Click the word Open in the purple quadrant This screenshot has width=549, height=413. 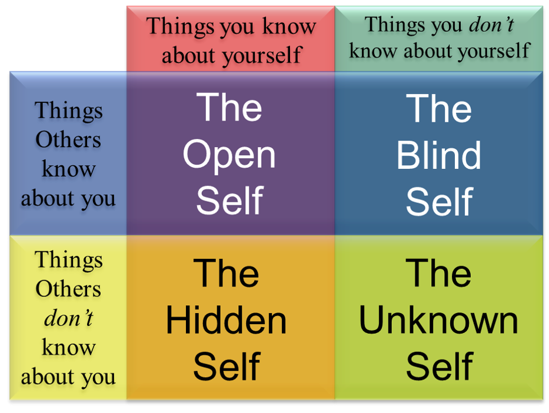[x=229, y=155]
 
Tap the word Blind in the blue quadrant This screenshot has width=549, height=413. [x=438, y=155]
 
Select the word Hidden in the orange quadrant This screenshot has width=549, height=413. [x=226, y=321]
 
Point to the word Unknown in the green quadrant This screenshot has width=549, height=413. [x=438, y=321]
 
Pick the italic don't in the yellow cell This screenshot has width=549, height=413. [x=68, y=318]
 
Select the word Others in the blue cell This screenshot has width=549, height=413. [x=68, y=140]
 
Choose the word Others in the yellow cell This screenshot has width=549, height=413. [x=68, y=289]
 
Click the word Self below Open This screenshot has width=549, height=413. [x=229, y=201]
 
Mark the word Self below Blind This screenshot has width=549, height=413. [x=438, y=201]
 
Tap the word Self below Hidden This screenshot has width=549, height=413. [x=226, y=367]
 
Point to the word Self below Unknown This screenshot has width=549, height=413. [x=438, y=367]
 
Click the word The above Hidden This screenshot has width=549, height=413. [x=226, y=274]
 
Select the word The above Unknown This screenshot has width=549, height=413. [x=438, y=274]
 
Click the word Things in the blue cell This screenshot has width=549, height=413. [x=68, y=111]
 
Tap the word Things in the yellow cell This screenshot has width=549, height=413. [x=68, y=259]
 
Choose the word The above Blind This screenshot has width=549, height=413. [x=438, y=109]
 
